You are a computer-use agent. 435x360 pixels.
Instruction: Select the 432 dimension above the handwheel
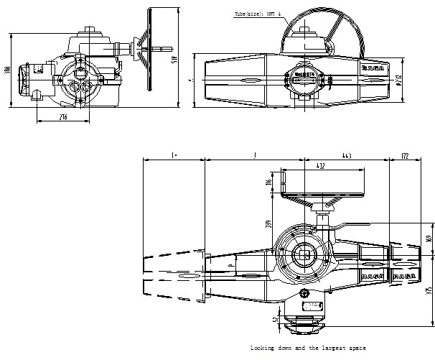(319, 166)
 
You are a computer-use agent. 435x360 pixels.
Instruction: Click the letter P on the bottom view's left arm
(230, 265)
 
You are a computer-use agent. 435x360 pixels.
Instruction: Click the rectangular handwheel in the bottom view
(324, 183)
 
